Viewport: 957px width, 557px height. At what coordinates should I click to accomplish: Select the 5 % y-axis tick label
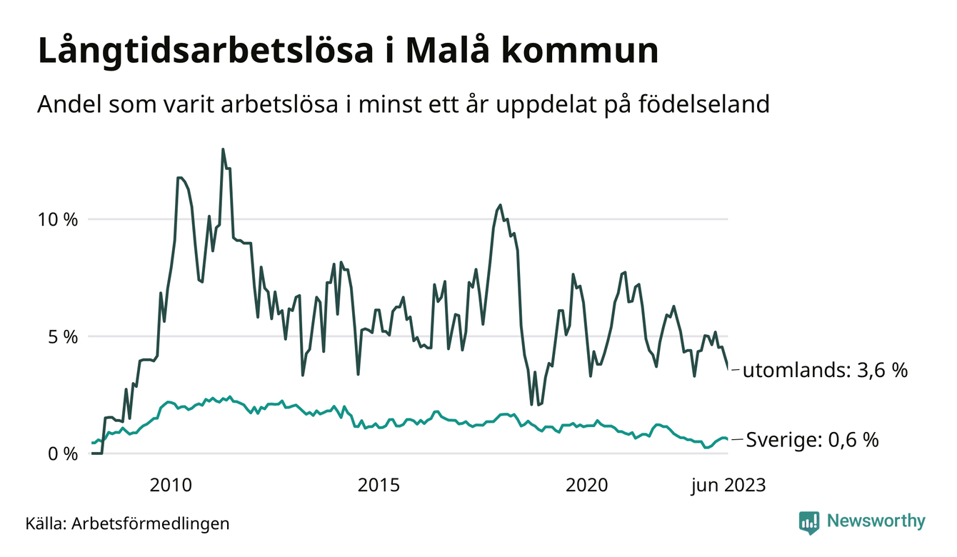click(63, 336)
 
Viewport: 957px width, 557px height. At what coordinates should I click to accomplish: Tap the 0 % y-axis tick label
click(63, 453)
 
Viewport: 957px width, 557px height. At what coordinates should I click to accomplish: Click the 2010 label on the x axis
click(171, 486)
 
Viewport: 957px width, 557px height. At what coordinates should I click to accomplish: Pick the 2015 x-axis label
click(379, 486)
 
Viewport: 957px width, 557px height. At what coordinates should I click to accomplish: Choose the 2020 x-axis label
click(586, 486)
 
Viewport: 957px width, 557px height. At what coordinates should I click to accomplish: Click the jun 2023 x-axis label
click(728, 486)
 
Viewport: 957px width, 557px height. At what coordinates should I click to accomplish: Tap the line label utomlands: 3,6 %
click(825, 371)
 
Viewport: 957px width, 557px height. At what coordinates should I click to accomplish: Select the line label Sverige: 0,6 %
click(812, 440)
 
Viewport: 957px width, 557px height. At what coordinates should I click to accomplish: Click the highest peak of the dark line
click(223, 149)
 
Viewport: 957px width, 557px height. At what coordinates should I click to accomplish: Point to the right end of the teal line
click(728, 439)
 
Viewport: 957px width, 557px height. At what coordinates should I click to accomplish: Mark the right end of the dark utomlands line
click(728, 368)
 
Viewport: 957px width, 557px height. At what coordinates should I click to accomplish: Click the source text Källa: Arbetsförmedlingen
click(127, 523)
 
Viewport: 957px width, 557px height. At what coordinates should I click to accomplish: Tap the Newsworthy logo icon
click(809, 522)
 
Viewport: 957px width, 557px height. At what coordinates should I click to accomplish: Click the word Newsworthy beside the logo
click(876, 521)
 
